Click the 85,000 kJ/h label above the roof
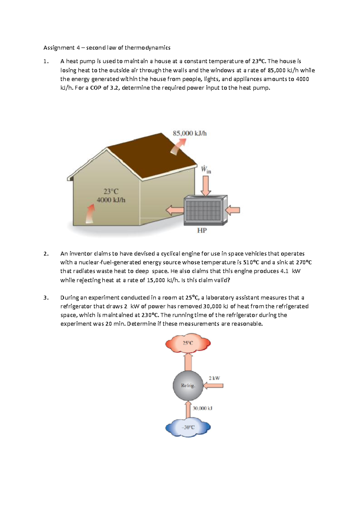click(190, 133)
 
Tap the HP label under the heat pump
click(202, 230)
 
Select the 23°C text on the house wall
click(111, 191)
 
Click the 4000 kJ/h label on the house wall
click(111, 200)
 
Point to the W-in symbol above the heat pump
click(206, 170)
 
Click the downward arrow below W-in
click(206, 185)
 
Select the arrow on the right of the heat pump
click(233, 210)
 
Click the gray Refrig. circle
click(188, 386)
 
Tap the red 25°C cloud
click(188, 343)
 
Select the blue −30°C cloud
click(188, 427)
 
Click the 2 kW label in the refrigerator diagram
click(214, 378)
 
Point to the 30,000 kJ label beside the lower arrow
click(202, 408)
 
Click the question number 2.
click(46, 254)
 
